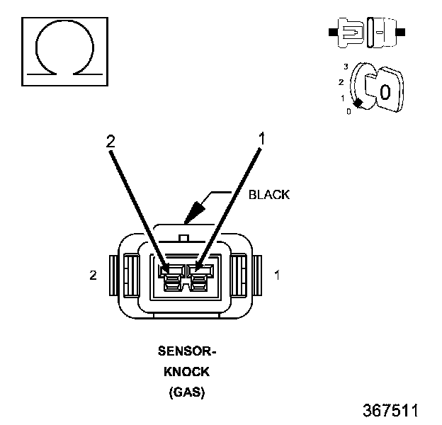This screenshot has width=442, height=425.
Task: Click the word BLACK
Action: point(268,195)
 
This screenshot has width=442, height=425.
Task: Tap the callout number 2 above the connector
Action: point(110,140)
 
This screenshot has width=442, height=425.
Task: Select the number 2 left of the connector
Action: point(93,275)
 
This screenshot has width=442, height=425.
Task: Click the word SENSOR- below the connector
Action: point(186,351)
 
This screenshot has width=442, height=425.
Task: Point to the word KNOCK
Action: point(186,371)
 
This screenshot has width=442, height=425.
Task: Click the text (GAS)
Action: point(186,392)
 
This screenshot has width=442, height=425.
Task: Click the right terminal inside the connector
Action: point(198,278)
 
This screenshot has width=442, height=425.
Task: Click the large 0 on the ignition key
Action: point(385,91)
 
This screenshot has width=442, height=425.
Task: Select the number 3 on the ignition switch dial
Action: point(345,66)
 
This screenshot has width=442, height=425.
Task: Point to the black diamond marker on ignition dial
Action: point(358,103)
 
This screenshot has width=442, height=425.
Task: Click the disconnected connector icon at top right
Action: point(367,32)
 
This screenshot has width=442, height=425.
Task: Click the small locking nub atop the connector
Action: point(184,238)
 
